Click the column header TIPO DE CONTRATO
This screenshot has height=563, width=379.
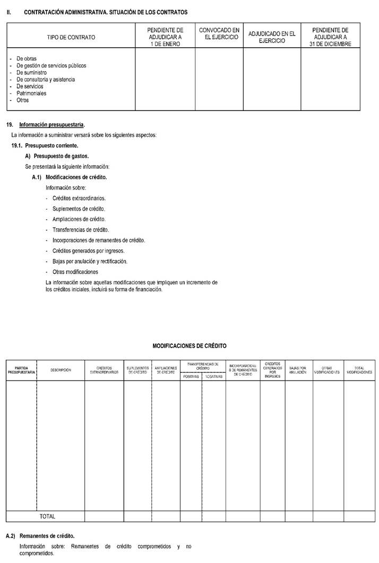tap(71, 38)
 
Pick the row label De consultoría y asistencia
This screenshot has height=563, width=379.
tap(46, 80)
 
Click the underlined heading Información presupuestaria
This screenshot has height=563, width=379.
tap(51, 125)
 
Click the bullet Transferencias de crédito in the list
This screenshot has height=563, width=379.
tap(81, 230)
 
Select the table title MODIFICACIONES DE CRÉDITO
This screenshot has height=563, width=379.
tap(189, 345)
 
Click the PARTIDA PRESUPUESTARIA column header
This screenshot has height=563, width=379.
tap(22, 370)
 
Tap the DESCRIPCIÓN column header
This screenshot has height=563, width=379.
tap(61, 370)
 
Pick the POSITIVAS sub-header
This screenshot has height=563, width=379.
tap(191, 376)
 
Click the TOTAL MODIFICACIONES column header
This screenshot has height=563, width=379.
tap(359, 370)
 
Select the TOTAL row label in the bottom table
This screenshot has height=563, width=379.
tap(47, 516)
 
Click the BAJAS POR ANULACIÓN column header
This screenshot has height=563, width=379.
tap(298, 370)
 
